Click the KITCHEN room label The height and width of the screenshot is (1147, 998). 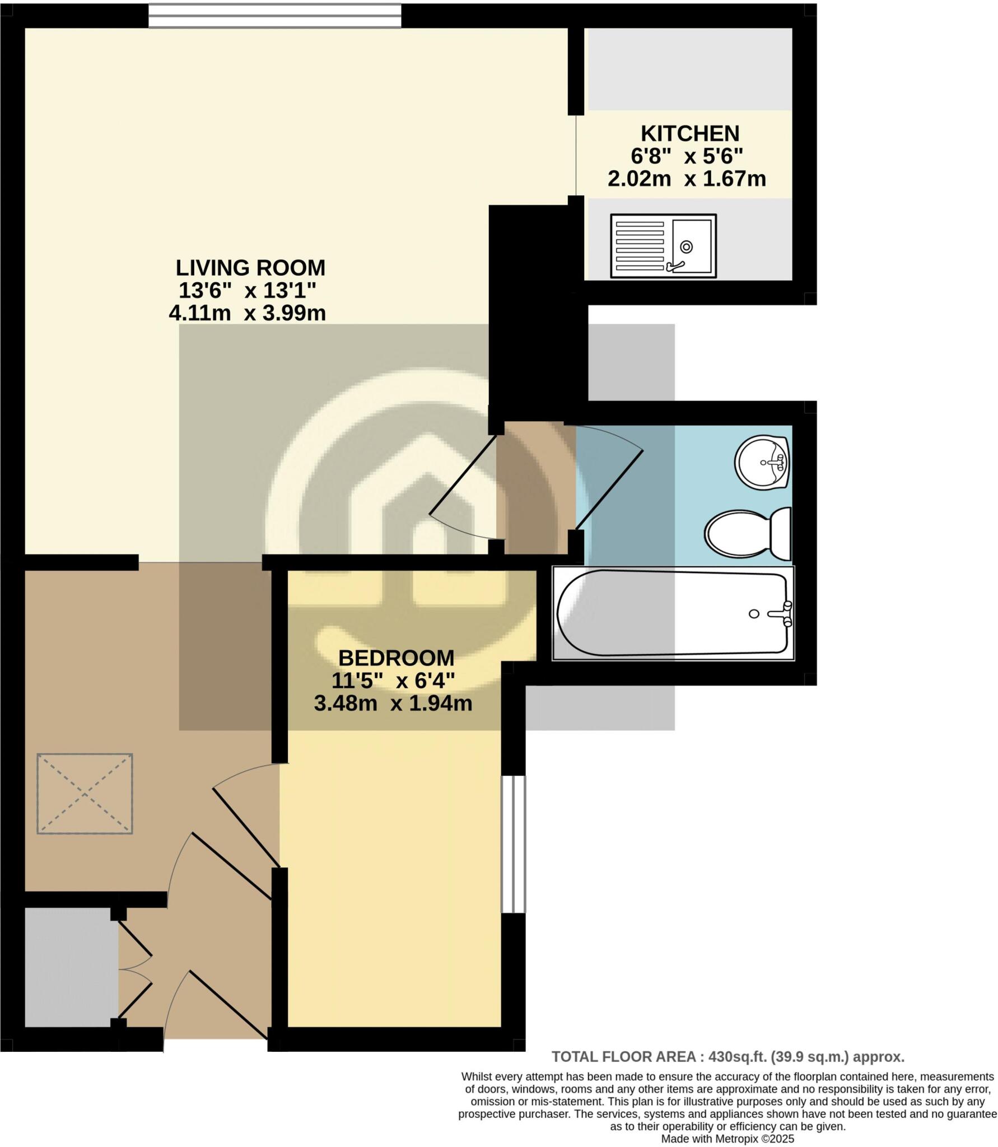point(689,134)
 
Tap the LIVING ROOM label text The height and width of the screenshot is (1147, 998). point(250,268)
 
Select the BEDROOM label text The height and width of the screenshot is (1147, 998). point(396,658)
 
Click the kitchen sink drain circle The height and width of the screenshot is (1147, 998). point(686,246)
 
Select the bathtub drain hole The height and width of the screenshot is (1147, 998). point(754,614)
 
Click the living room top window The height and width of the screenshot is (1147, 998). point(274,16)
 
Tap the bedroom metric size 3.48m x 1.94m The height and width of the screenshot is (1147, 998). point(393,703)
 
